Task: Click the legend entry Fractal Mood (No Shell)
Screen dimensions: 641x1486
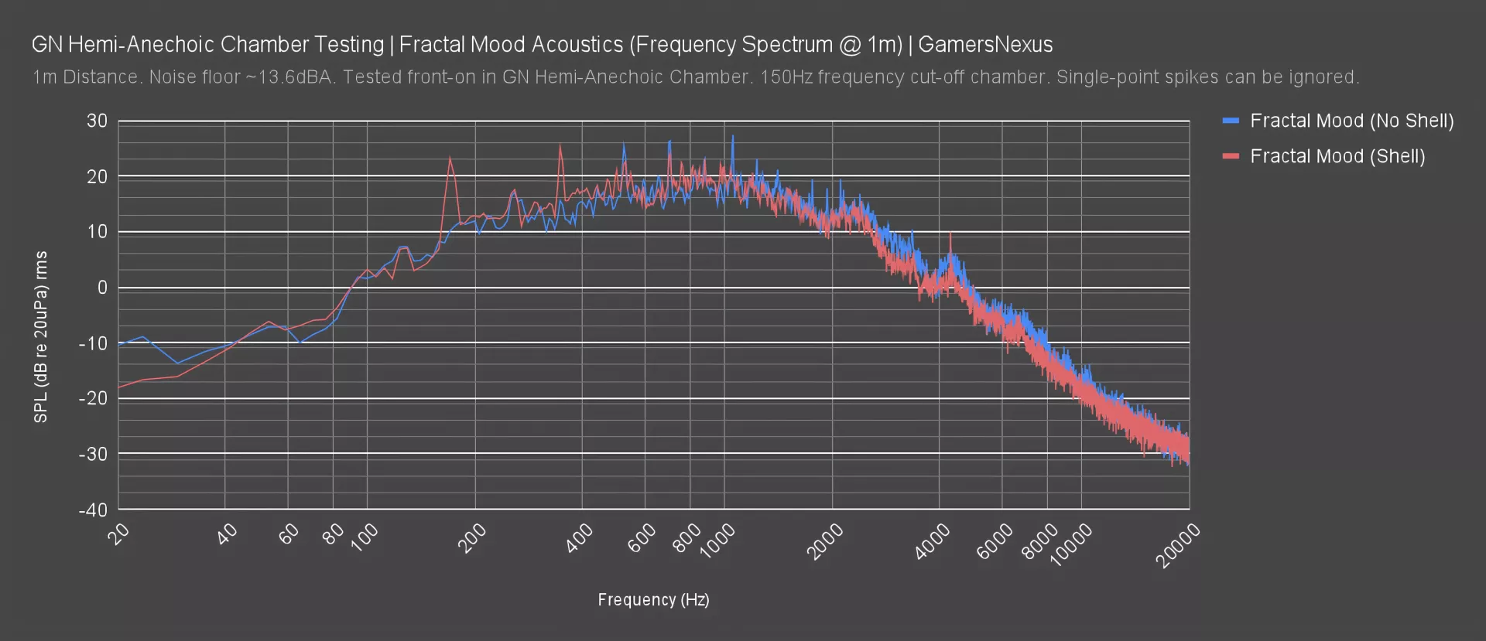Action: click(1351, 121)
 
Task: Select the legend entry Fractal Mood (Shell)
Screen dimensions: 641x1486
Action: click(1337, 156)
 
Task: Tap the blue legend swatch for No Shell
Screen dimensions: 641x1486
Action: click(1231, 121)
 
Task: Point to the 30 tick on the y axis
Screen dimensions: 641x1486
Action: click(98, 121)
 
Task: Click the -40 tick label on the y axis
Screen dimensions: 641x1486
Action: click(94, 510)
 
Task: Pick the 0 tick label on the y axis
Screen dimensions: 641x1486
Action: click(102, 288)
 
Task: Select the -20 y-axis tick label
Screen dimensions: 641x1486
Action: click(94, 398)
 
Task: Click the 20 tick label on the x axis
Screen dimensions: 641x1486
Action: click(119, 534)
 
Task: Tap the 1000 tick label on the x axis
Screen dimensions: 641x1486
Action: click(717, 540)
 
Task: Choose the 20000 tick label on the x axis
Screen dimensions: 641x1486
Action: click(1180, 544)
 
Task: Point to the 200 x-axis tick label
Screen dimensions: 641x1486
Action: click(471, 537)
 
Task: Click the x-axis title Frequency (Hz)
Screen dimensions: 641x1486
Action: click(653, 600)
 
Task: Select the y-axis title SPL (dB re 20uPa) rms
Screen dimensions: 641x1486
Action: click(41, 336)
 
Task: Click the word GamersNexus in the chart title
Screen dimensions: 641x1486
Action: click(985, 45)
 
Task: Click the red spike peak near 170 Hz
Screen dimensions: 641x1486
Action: click(450, 158)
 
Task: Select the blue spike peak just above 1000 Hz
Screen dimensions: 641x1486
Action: click(732, 136)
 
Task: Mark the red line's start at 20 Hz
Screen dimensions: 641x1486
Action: click(119, 387)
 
